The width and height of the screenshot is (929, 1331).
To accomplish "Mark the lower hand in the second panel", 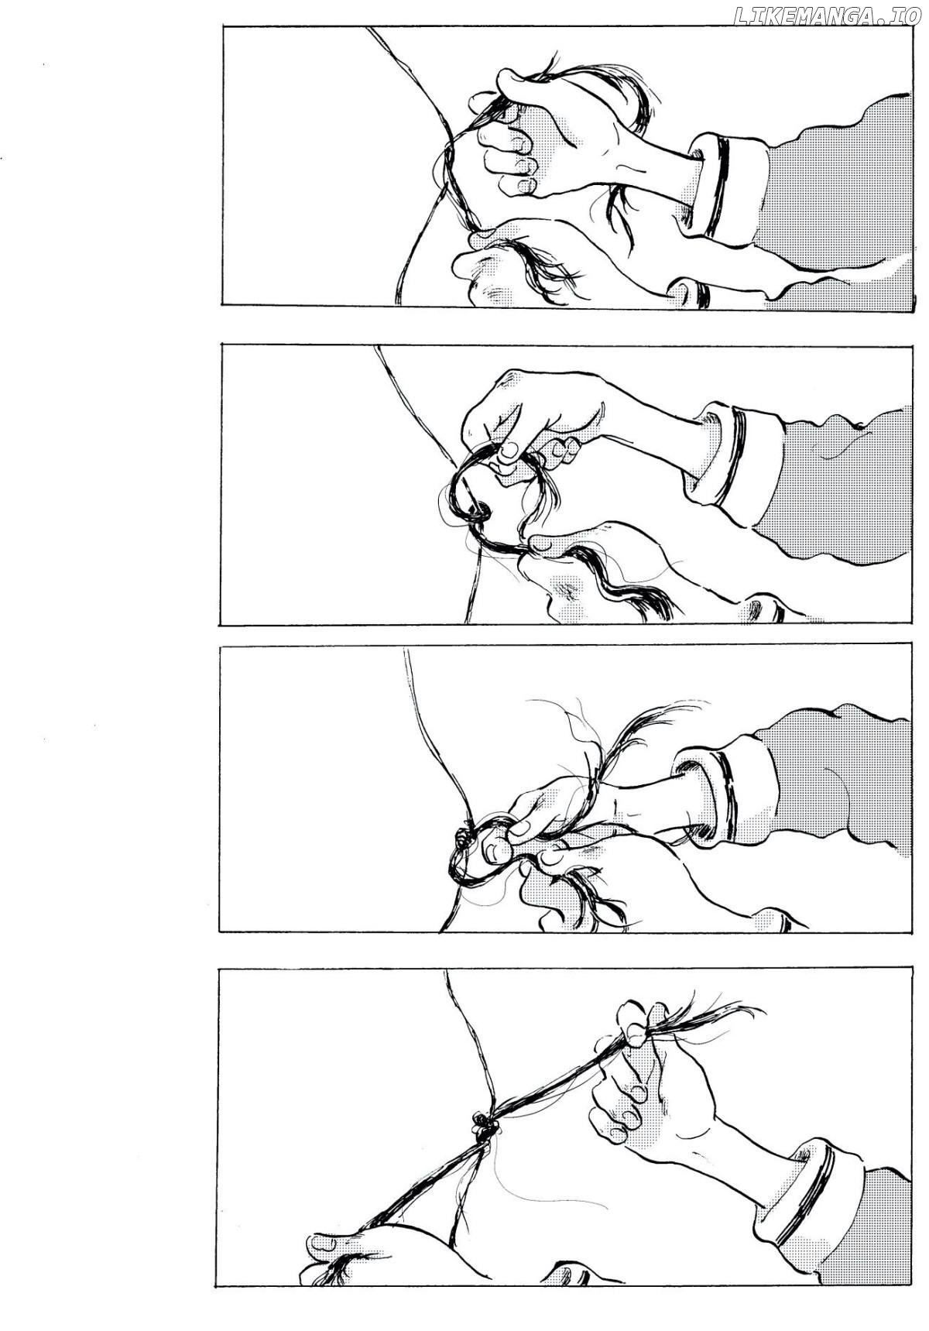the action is (604, 573).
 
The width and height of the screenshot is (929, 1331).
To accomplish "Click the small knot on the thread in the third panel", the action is (464, 834).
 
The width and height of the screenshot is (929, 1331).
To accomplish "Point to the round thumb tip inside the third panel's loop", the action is (495, 849).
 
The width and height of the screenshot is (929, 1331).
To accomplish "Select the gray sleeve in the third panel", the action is (836, 782).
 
